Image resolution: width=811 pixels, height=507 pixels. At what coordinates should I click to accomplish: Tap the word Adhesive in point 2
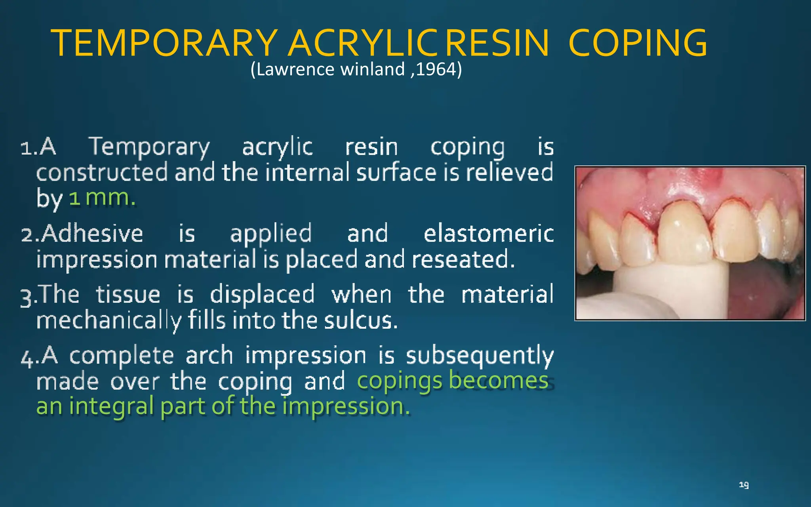pos(92,234)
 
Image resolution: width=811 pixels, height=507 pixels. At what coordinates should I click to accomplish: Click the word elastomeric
pos(489,234)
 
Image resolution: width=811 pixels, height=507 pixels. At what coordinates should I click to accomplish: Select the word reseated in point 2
pos(463,260)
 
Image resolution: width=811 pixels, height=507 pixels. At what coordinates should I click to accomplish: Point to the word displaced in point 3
pos(262,295)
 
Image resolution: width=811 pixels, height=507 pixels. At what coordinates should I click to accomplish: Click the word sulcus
pos(360,320)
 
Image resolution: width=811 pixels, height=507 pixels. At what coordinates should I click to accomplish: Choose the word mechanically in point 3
pos(109,321)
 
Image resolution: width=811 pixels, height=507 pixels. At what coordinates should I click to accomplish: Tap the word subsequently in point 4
pos(480,356)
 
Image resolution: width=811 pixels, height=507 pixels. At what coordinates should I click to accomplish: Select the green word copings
pos(399,381)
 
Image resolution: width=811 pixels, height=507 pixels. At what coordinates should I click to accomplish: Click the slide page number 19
pos(744,485)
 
